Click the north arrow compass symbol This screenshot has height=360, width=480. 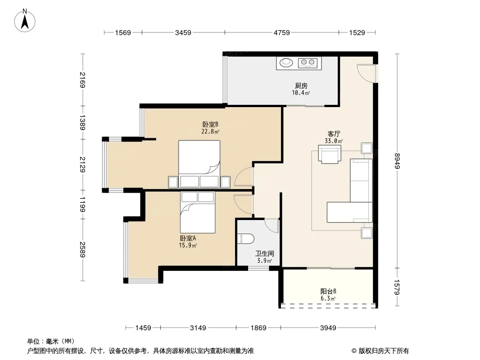[25, 21]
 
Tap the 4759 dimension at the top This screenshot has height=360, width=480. [281, 32]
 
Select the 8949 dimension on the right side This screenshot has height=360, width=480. [397, 161]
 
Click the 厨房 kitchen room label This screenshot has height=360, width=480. [301, 85]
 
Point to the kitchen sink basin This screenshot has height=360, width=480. [286, 63]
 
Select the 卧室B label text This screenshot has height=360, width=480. [210, 125]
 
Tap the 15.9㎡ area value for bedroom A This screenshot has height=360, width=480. [188, 245]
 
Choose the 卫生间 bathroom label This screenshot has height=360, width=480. [265, 253]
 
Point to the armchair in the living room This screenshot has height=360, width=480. [330, 154]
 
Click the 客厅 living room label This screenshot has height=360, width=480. [334, 134]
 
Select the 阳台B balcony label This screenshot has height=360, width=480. [328, 292]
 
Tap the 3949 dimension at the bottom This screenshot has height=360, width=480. [328, 328]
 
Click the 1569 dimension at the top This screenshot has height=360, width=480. [123, 32]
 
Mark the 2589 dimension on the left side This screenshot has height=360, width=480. [82, 250]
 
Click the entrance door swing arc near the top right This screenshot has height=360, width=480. [363, 75]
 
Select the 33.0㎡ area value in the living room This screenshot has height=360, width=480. [334, 141]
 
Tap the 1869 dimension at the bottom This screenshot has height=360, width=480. [258, 328]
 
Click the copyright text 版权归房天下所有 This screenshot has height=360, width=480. [384, 351]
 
